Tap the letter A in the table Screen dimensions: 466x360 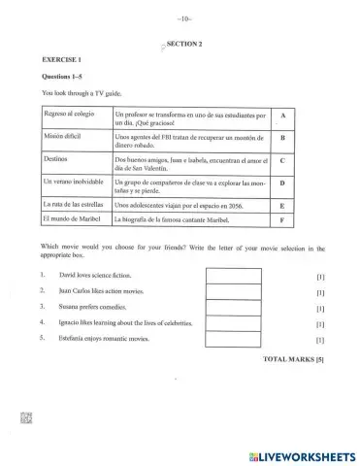(281, 116)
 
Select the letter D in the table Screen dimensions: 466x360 (281, 183)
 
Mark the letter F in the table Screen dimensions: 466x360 (281, 220)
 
